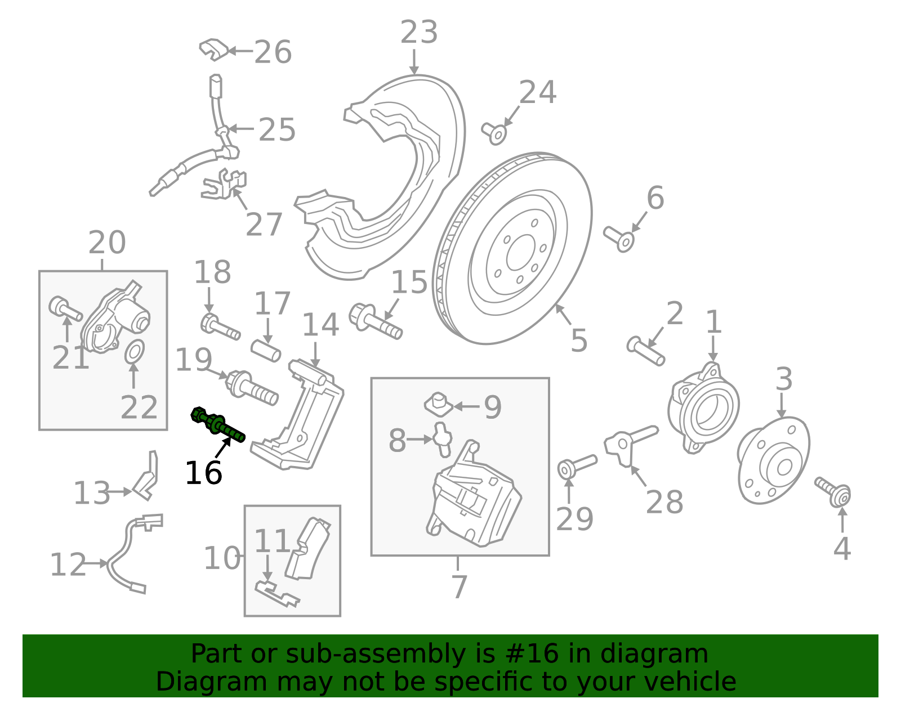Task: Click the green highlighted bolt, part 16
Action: tap(219, 426)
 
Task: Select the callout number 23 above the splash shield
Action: tap(418, 33)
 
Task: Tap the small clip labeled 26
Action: tap(214, 50)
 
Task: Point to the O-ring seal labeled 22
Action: tap(134, 352)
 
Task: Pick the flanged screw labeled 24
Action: tap(495, 133)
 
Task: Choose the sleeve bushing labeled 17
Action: tap(265, 350)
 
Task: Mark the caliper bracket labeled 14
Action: tap(304, 417)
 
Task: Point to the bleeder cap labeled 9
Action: tap(436, 404)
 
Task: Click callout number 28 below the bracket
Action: tap(664, 502)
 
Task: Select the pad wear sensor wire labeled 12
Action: tap(121, 554)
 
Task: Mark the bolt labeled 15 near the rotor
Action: tap(375, 321)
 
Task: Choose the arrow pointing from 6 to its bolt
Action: tap(639, 222)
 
